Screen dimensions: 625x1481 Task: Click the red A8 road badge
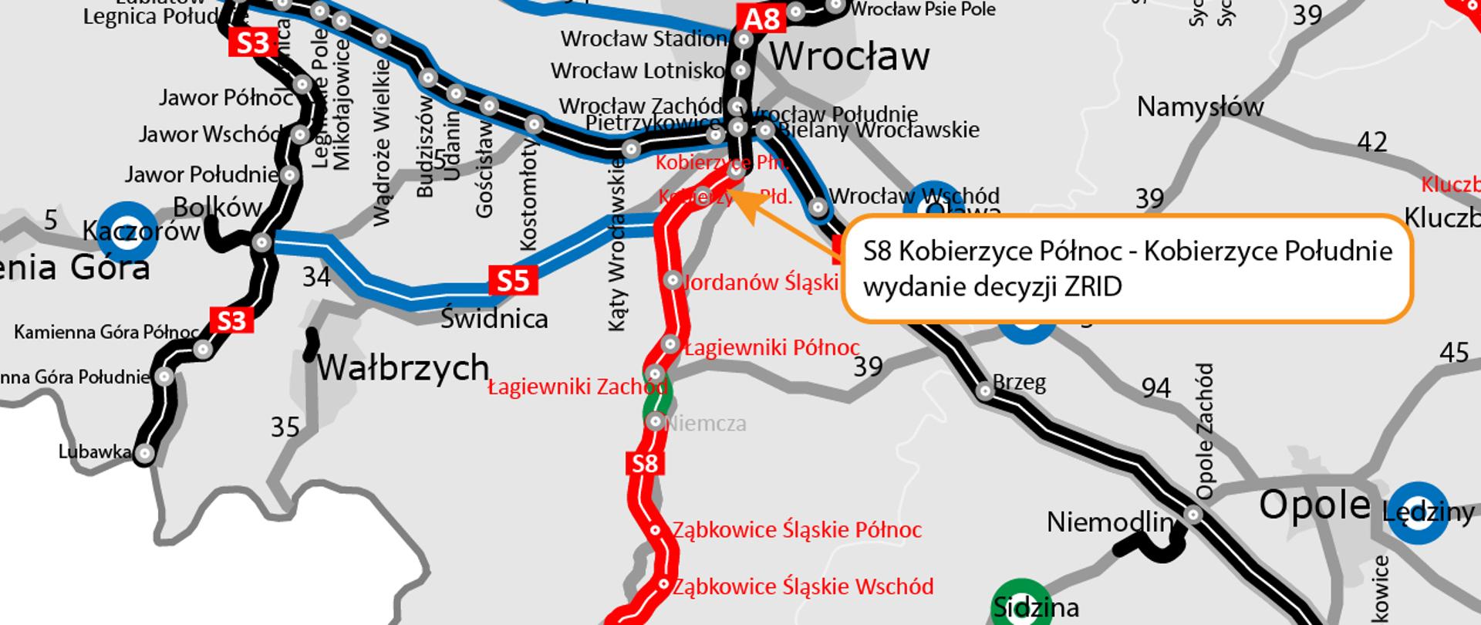pyautogui.click(x=761, y=19)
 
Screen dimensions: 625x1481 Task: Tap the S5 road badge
pyautogui.click(x=513, y=281)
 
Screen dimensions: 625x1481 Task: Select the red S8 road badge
pyautogui.click(x=645, y=464)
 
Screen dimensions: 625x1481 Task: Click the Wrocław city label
pyautogui.click(x=849, y=56)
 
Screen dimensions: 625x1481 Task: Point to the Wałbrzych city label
pyautogui.click(x=403, y=367)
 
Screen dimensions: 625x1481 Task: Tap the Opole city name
pyautogui.click(x=1314, y=506)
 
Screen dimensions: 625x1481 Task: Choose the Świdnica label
pyautogui.click(x=494, y=319)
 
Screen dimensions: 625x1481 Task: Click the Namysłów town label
pyautogui.click(x=1200, y=107)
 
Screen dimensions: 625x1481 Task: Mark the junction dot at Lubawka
pyautogui.click(x=144, y=454)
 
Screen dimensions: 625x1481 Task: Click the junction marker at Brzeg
pyautogui.click(x=985, y=390)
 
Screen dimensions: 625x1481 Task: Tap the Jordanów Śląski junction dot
pyautogui.click(x=673, y=279)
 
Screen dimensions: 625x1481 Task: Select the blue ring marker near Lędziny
pyautogui.click(x=1418, y=512)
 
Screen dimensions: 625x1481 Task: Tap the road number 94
pyautogui.click(x=1155, y=387)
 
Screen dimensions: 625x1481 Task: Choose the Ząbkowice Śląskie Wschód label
pyautogui.click(x=803, y=586)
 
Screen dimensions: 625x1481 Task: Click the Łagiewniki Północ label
pyautogui.click(x=771, y=348)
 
